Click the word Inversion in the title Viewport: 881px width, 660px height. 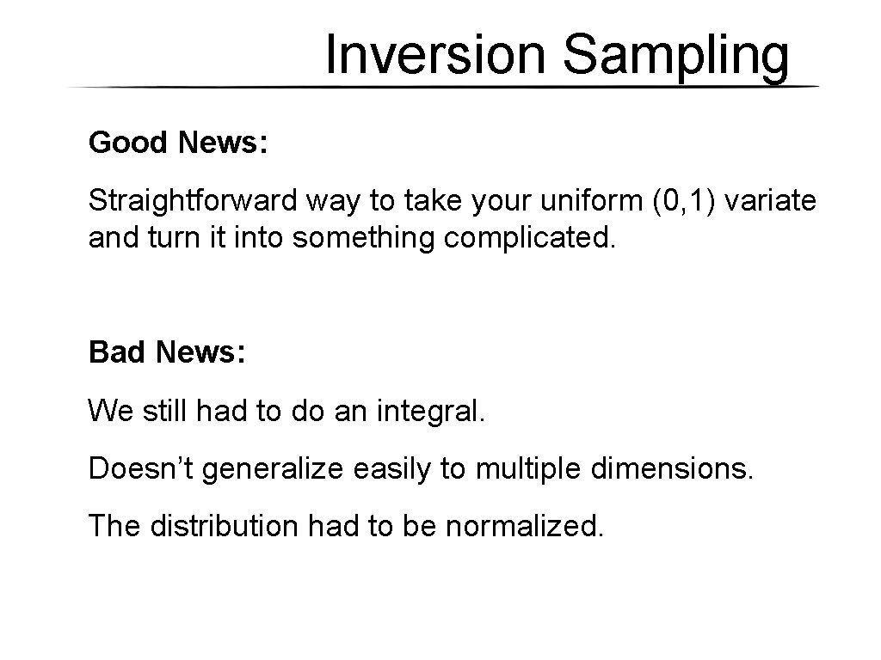[x=438, y=55]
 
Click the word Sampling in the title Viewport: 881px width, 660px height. [x=675, y=57]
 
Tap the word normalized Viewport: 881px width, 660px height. [x=525, y=526]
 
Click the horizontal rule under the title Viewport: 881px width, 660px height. [x=443, y=88]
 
